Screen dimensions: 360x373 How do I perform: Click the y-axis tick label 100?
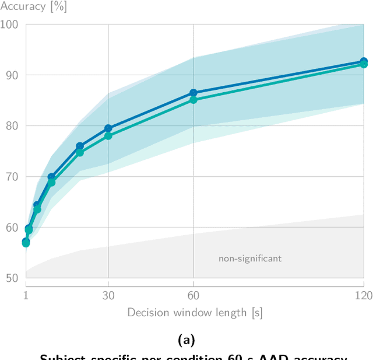pyautogui.click(x=9, y=25)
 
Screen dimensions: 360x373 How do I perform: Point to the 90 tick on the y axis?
pyautogui.click(x=12, y=75)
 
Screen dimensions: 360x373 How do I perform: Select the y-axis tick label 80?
pyautogui.click(x=12, y=126)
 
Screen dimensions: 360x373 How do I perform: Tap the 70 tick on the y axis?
pyautogui.click(x=12, y=176)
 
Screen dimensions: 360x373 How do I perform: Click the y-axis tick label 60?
pyautogui.click(x=12, y=227)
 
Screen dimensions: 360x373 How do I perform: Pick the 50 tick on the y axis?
pyautogui.click(x=12, y=278)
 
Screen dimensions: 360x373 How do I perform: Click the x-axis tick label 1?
pyautogui.click(x=26, y=295)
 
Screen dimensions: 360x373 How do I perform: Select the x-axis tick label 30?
pyautogui.click(x=108, y=295)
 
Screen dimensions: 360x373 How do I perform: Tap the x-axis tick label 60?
pyautogui.click(x=193, y=295)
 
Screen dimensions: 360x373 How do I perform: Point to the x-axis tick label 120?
pyautogui.click(x=363, y=295)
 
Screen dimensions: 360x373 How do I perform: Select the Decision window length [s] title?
pyautogui.click(x=195, y=313)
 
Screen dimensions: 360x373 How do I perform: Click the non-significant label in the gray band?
pyautogui.click(x=250, y=258)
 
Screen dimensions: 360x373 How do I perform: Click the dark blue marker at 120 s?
pyautogui.click(x=364, y=61)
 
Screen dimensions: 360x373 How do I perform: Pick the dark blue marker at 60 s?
pyautogui.click(x=193, y=93)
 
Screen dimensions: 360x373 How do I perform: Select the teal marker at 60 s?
pyautogui.click(x=193, y=100)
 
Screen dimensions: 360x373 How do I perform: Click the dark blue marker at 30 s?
pyautogui.click(x=108, y=128)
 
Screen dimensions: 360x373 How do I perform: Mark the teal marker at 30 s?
pyautogui.click(x=108, y=136)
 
